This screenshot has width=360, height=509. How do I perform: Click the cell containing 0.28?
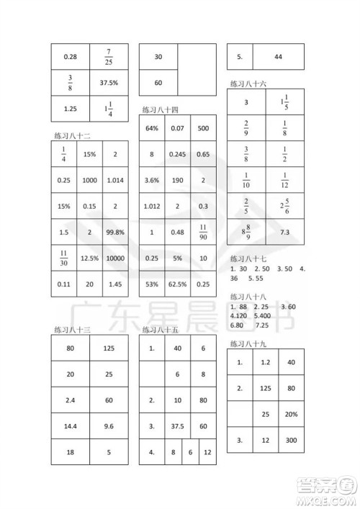coord(70,57)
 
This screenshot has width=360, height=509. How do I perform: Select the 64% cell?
coord(152,128)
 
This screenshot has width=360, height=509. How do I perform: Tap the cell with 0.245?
coord(178,154)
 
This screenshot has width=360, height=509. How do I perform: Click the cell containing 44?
coord(277,57)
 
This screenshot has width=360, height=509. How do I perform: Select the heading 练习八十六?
coord(248,84)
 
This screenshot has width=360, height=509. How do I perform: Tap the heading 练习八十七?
coord(248,258)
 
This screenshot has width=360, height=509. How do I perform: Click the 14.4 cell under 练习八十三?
coord(70,425)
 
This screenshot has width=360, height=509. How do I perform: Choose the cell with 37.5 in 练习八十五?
coord(177,425)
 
